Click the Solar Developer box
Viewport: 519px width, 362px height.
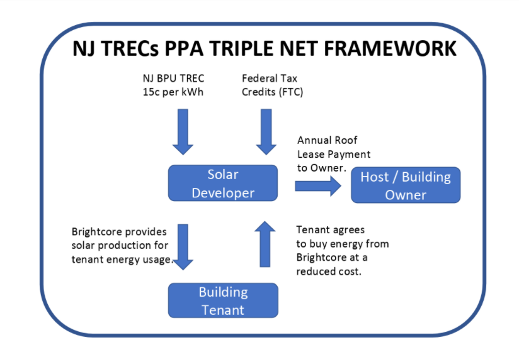pos(223,183)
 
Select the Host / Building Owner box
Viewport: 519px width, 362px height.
pos(406,185)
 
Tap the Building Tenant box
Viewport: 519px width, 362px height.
pos(223,300)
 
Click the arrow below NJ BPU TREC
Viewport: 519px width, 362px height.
pos(183,131)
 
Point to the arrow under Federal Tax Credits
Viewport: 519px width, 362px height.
pos(266,131)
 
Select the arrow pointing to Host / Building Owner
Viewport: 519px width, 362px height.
pos(317,186)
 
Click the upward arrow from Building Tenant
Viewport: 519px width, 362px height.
pos(265,244)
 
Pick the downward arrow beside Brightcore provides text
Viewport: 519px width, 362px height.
pos(183,247)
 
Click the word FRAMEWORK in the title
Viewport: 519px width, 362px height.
pos(391,49)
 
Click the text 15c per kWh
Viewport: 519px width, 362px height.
pos(173,92)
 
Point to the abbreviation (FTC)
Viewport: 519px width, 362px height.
pos(290,92)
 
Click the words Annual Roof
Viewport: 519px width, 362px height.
pos(327,140)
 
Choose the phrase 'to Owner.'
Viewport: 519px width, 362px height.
pos(321,168)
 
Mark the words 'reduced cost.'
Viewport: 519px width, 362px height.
pos(329,271)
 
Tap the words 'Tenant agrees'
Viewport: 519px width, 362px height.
pos(330,230)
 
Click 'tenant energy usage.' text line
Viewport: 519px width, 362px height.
pos(122,260)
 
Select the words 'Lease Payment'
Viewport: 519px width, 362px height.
pos(334,154)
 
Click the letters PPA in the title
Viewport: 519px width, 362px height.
pos(184,49)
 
